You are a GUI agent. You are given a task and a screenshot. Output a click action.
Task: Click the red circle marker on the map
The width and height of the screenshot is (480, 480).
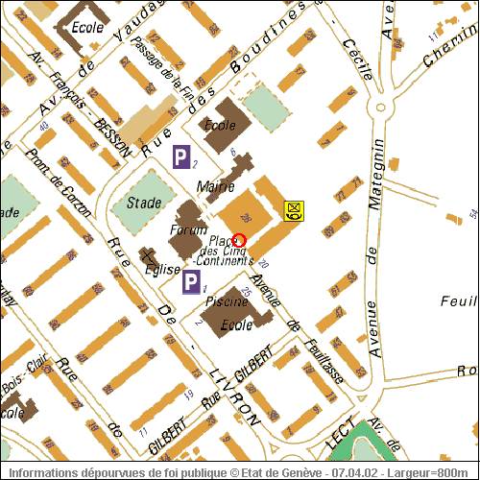(x=240, y=240)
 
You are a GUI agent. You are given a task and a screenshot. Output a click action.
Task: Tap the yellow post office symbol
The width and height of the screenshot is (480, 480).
(x=294, y=209)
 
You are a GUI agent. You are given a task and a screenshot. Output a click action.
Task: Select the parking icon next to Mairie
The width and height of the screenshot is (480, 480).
(x=180, y=157)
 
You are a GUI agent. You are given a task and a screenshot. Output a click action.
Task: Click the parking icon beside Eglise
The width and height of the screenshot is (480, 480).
(x=192, y=281)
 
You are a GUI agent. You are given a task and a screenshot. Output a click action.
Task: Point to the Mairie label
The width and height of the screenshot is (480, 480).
(x=214, y=186)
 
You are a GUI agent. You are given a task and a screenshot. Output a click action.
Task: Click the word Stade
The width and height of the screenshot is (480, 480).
(x=144, y=203)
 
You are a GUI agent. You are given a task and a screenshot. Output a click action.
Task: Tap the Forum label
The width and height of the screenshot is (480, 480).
(x=188, y=230)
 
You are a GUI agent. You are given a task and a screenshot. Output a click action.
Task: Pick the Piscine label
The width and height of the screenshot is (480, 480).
(x=228, y=301)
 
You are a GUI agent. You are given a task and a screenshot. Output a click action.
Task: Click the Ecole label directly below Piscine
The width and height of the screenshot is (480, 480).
(x=236, y=325)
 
